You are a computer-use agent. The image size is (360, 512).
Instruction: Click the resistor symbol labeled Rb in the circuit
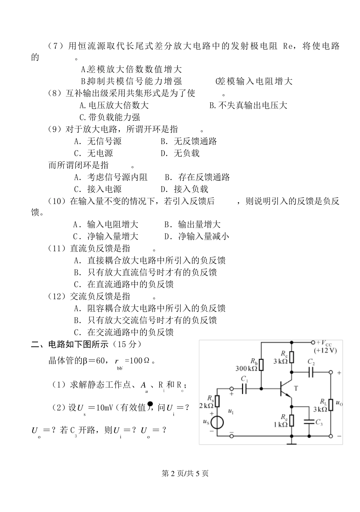[261, 365]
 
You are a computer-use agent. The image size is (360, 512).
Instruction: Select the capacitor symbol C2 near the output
[311, 372]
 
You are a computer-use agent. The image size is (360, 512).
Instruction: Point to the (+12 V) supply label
[325, 350]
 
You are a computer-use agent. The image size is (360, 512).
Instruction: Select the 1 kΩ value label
[280, 424]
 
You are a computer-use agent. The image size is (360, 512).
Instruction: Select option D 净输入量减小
[197, 236]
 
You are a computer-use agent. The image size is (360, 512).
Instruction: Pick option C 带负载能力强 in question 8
[110, 117]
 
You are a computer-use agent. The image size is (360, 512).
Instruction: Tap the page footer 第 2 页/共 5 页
[185, 473]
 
